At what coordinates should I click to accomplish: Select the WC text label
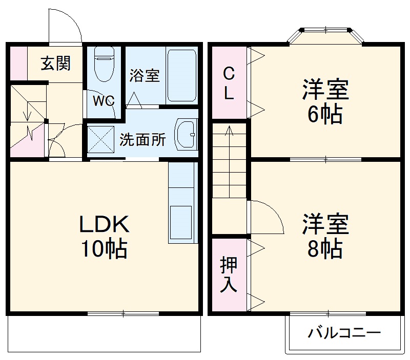tap(104, 100)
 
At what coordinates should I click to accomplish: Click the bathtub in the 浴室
tap(182, 76)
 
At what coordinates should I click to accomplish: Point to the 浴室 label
tap(144, 76)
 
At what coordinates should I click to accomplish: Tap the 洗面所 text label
tap(142, 139)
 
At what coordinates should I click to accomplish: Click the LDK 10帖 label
tap(103, 236)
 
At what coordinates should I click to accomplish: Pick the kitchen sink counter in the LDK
tap(182, 202)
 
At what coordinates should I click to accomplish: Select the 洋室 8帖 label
tap(325, 236)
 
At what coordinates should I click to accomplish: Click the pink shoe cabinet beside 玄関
tap(17, 63)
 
